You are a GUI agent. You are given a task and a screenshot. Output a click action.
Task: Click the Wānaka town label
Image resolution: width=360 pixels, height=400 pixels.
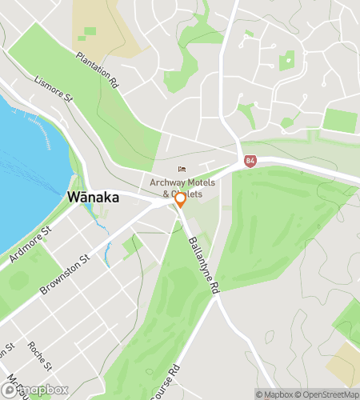pos(94,197)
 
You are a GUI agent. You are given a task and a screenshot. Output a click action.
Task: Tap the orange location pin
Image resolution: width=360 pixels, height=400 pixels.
pos(181,199)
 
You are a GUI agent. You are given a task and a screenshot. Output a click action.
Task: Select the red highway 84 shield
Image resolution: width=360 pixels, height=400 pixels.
pos(250,160)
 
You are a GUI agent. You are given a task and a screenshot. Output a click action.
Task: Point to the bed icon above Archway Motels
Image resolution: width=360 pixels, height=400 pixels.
pos(182,170)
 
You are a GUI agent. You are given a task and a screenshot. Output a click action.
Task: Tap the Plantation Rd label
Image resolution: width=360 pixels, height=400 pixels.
pos(98,69)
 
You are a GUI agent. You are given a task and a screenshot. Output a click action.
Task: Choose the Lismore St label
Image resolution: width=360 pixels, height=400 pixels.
pos(54,90)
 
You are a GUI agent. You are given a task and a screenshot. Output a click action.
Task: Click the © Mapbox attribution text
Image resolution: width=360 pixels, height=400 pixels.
pos(275,394)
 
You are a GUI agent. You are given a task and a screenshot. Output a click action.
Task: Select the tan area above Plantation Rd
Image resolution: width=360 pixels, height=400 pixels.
pos(96,24)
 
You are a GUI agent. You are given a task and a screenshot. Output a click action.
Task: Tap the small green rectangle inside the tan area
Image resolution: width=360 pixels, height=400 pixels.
pos(90,31)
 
